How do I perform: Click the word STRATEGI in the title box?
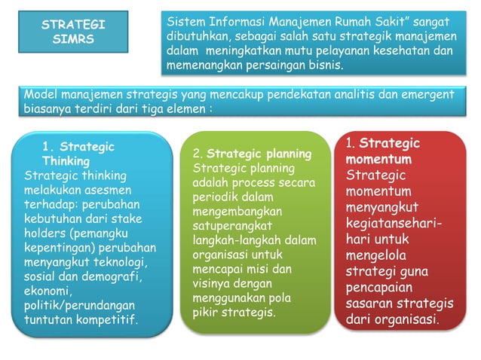click(x=72, y=24)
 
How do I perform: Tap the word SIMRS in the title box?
click(x=72, y=38)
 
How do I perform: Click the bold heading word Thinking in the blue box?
click(x=66, y=160)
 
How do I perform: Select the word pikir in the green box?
click(x=207, y=312)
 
